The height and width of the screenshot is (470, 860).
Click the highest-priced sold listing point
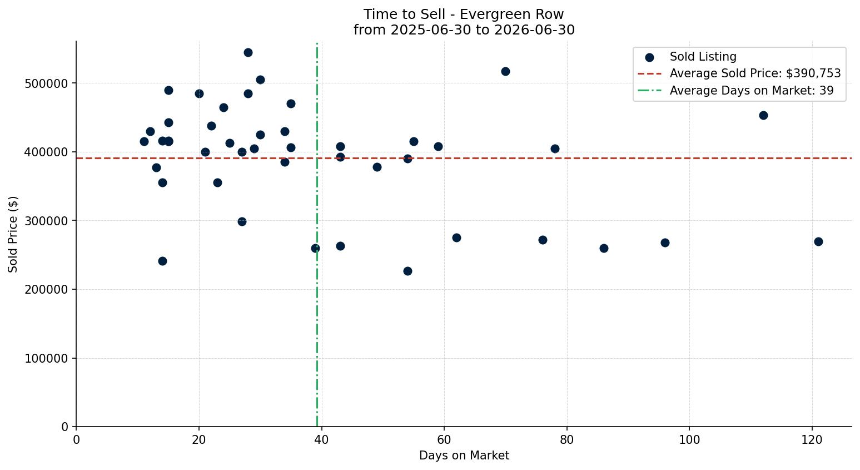tap(248, 53)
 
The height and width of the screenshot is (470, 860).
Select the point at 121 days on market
tap(818, 241)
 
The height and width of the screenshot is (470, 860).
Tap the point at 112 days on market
tap(763, 115)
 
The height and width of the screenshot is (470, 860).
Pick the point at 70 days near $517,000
tap(505, 71)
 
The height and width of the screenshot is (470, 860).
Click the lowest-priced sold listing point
tap(407, 271)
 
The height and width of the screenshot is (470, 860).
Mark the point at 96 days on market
tap(665, 243)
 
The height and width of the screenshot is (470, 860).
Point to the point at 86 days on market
tap(604, 248)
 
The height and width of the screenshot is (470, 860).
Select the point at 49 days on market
tap(377, 167)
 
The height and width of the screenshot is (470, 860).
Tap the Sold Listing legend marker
tap(649, 58)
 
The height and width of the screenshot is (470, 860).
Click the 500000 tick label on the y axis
tap(47, 83)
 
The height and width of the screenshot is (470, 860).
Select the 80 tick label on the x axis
tap(566, 439)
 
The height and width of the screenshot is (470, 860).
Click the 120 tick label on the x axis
tap(812, 439)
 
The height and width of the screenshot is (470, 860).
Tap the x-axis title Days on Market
tap(464, 456)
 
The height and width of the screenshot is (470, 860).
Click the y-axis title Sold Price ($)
tap(13, 234)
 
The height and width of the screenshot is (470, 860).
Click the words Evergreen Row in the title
tap(511, 14)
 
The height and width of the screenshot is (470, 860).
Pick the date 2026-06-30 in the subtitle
tap(534, 30)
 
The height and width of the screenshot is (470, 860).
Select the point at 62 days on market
tap(456, 238)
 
